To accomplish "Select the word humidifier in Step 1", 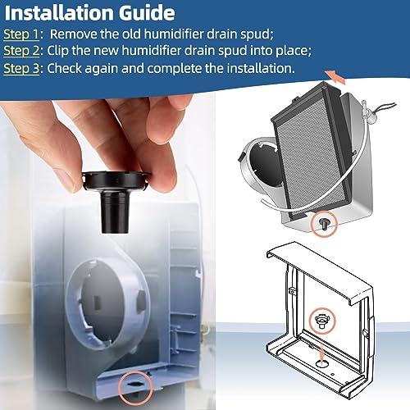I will click(x=194, y=35).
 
